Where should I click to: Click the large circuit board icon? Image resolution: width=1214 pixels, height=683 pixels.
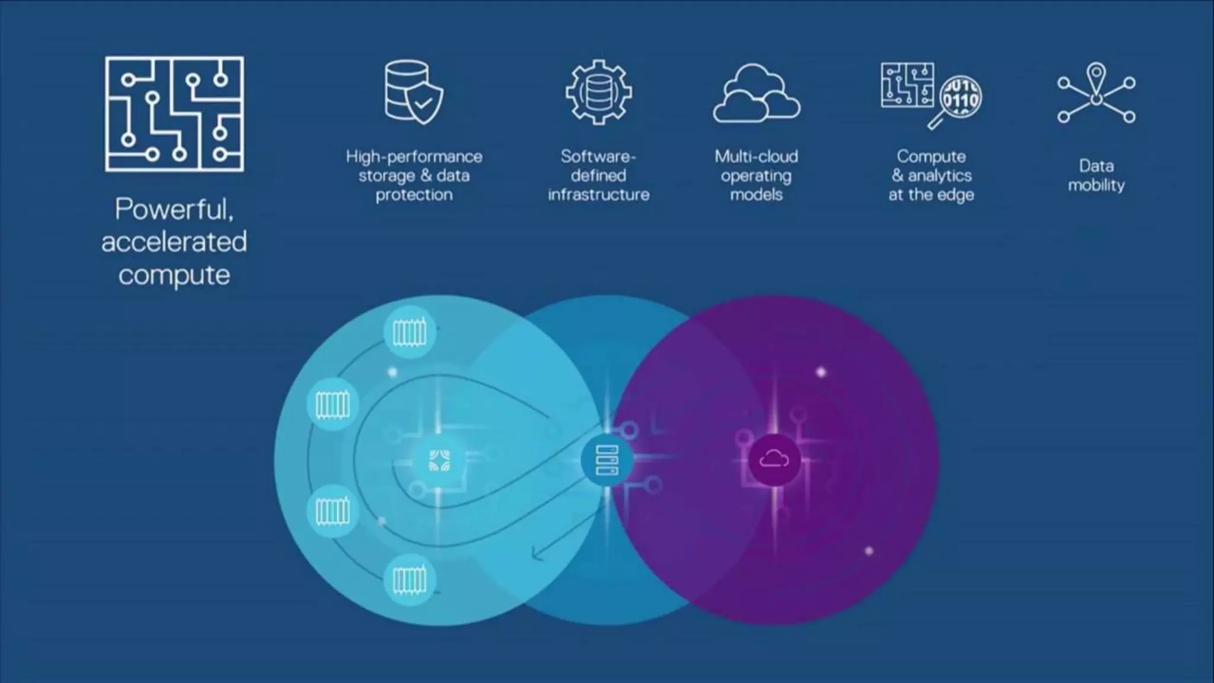coord(174,114)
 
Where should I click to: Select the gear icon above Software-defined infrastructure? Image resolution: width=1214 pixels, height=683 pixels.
coord(598,92)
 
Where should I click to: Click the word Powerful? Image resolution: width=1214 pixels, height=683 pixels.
coord(174,209)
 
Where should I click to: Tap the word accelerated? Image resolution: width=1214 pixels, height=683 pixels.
coord(174,242)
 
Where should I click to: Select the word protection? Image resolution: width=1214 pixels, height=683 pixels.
coord(414,194)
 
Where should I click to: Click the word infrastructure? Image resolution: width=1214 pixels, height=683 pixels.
coord(598,194)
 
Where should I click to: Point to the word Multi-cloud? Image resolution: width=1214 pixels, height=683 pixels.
coord(756,157)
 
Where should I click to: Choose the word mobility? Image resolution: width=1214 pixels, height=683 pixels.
coord(1096,185)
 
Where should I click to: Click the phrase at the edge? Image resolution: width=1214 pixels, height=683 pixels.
coord(931,194)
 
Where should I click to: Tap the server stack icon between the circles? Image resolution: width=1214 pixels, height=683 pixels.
coord(607,460)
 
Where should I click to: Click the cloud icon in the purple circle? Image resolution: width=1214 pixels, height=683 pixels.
coord(774,459)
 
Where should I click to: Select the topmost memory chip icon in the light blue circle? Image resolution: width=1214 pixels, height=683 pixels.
coord(410,333)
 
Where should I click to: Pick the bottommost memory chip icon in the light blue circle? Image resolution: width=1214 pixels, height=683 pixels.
coord(410,580)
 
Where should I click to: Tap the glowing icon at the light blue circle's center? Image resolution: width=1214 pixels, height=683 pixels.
coord(439,461)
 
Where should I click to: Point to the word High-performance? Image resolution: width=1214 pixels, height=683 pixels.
coord(414,157)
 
